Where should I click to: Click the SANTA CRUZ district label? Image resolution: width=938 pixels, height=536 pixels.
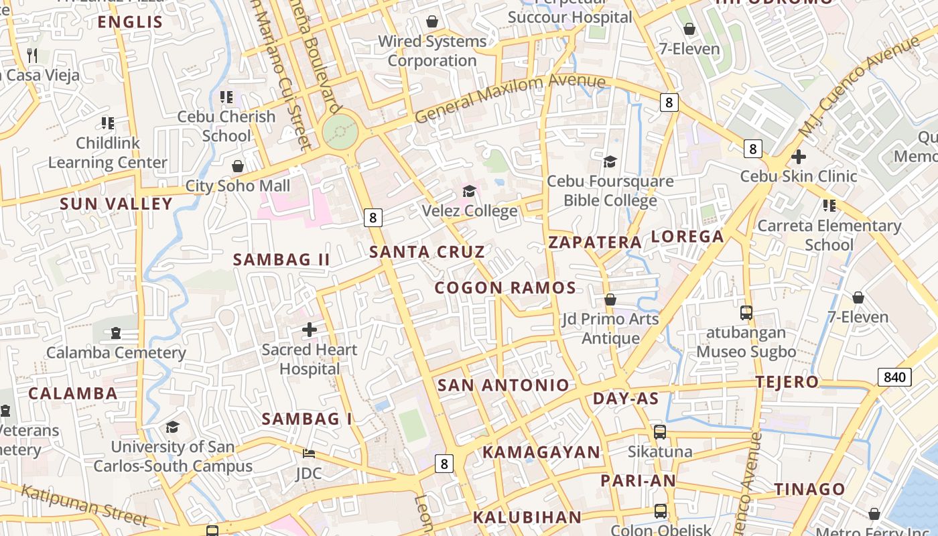coord(427,252)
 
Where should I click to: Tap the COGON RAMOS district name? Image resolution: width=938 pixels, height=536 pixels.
coord(505,288)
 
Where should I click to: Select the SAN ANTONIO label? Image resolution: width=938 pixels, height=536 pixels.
coord(503,385)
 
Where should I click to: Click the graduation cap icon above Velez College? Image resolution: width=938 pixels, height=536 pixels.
coord(469,192)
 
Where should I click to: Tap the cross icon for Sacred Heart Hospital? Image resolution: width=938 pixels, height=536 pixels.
coord(310,330)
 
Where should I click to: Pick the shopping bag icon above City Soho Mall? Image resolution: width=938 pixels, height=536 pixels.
coord(238,166)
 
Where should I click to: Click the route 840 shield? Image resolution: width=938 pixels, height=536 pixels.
coord(894,377)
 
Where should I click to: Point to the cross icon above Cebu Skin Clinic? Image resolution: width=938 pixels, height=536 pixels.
coord(798,157)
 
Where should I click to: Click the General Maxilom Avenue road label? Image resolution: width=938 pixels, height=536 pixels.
coord(510,98)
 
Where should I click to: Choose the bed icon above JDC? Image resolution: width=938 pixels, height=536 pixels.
coord(308,454)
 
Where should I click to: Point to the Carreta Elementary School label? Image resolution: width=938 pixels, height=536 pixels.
coord(829,235)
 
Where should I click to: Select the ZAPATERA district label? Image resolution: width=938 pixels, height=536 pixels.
coord(595,243)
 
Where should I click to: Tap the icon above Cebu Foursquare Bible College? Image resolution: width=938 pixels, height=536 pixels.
coord(610,161)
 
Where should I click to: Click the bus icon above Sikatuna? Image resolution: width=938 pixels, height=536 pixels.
coord(660,432)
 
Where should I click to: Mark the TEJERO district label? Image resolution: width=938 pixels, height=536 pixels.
coord(787,383)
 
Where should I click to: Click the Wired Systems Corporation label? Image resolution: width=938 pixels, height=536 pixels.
coord(432,51)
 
